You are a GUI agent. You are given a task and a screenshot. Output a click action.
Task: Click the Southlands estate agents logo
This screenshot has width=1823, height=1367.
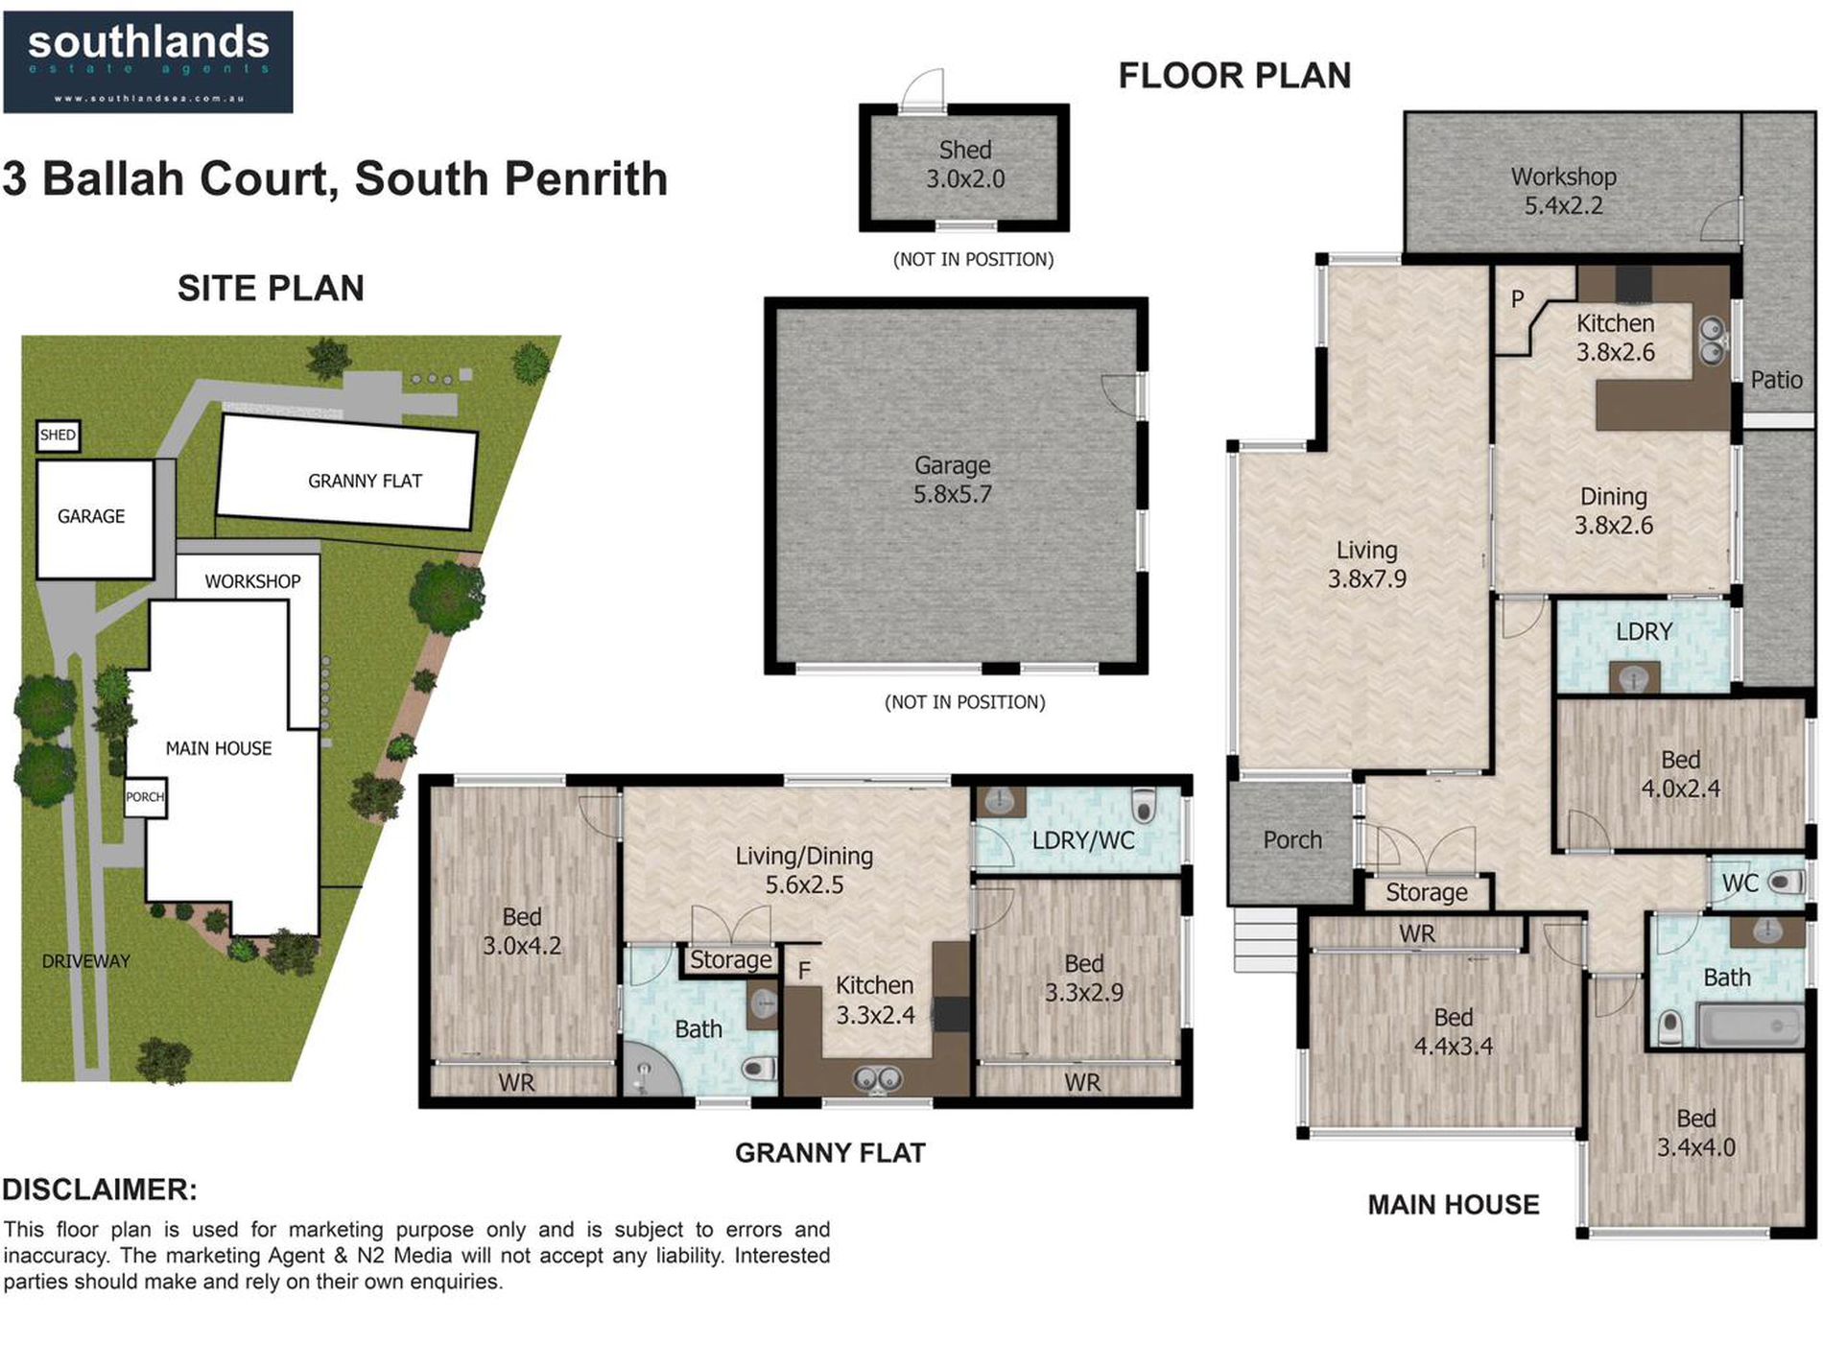coord(148,62)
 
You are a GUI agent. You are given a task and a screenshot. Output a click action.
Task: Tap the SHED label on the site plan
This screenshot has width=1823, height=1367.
coord(58,436)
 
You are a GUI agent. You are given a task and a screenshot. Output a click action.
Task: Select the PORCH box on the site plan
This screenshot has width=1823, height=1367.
coord(146,797)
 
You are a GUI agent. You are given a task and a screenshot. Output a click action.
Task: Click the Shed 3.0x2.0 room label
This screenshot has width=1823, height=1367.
coord(965,165)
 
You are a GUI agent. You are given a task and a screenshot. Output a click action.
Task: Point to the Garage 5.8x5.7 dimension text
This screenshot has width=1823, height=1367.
coord(953,495)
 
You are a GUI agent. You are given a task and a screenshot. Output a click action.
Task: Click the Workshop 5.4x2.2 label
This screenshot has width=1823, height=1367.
coord(1564,191)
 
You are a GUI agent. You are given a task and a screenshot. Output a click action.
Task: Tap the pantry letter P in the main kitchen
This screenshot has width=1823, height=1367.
coord(1518,299)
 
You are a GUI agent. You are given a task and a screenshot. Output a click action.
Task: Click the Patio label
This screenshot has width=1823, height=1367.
coord(1777,380)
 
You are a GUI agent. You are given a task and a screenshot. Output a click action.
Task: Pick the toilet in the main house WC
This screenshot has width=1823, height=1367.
coord(1786,882)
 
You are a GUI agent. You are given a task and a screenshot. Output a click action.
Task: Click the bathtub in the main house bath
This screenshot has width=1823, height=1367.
coord(1750,1025)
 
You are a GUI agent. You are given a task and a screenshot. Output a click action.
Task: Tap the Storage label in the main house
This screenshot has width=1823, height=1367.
coord(1427,893)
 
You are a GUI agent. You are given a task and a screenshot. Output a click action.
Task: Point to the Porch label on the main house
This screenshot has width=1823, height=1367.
coord(1292,840)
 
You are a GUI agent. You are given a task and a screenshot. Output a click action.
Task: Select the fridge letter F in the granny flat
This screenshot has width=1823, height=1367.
coord(804,972)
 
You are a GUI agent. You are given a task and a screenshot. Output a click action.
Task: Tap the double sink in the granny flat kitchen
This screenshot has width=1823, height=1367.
coord(877,1079)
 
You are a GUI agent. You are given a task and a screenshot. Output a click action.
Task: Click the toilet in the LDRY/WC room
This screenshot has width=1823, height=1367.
coord(1144,801)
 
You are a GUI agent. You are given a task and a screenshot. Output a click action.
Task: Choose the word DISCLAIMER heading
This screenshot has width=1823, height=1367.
coord(100,1190)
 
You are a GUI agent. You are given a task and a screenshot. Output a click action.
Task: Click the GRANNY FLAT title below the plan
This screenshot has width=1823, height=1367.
coord(830,1153)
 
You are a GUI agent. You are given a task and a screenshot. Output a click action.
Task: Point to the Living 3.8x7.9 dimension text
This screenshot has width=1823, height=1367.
coord(1367,579)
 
